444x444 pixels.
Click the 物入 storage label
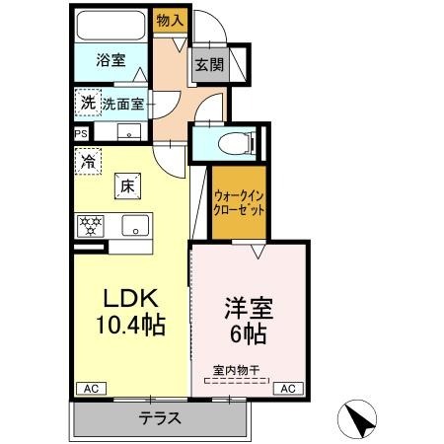tap(170, 21)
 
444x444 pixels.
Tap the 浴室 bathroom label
tap(111, 60)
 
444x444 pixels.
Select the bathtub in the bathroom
tap(111, 26)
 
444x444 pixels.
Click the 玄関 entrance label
tap(209, 64)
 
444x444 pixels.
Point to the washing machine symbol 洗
tap(88, 103)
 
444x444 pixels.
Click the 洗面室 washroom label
tap(122, 105)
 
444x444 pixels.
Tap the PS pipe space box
tap(81, 133)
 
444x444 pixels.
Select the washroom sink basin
tap(129, 132)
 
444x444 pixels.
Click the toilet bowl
tap(236, 143)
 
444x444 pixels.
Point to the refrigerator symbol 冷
tap(88, 161)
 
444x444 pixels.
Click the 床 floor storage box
tap(127, 186)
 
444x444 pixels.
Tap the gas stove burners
tap(90, 226)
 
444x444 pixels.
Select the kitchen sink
tap(135, 226)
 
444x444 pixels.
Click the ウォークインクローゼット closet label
tap(239, 203)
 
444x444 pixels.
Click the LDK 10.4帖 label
tap(130, 311)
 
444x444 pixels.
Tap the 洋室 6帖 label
tap(249, 320)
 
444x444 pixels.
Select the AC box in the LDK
tap(91, 389)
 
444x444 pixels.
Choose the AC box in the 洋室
tap(288, 389)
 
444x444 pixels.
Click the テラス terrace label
tap(160, 418)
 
